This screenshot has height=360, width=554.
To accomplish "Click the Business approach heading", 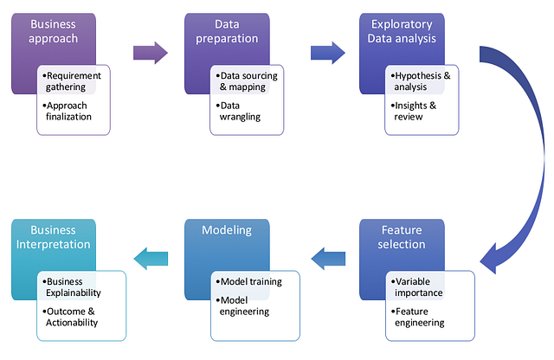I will pyautogui.click(x=53, y=32).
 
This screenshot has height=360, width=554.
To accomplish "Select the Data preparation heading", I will pyautogui.click(x=226, y=32).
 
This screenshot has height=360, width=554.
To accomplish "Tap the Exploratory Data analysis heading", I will pyautogui.click(x=401, y=32).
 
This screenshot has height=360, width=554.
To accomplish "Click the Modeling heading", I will pyautogui.click(x=227, y=230).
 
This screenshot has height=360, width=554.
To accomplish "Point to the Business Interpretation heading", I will pyautogui.click(x=54, y=237).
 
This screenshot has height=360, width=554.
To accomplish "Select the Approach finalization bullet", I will pyautogui.click(x=74, y=111).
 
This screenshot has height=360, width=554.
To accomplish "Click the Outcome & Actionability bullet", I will pyautogui.click(x=76, y=317).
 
